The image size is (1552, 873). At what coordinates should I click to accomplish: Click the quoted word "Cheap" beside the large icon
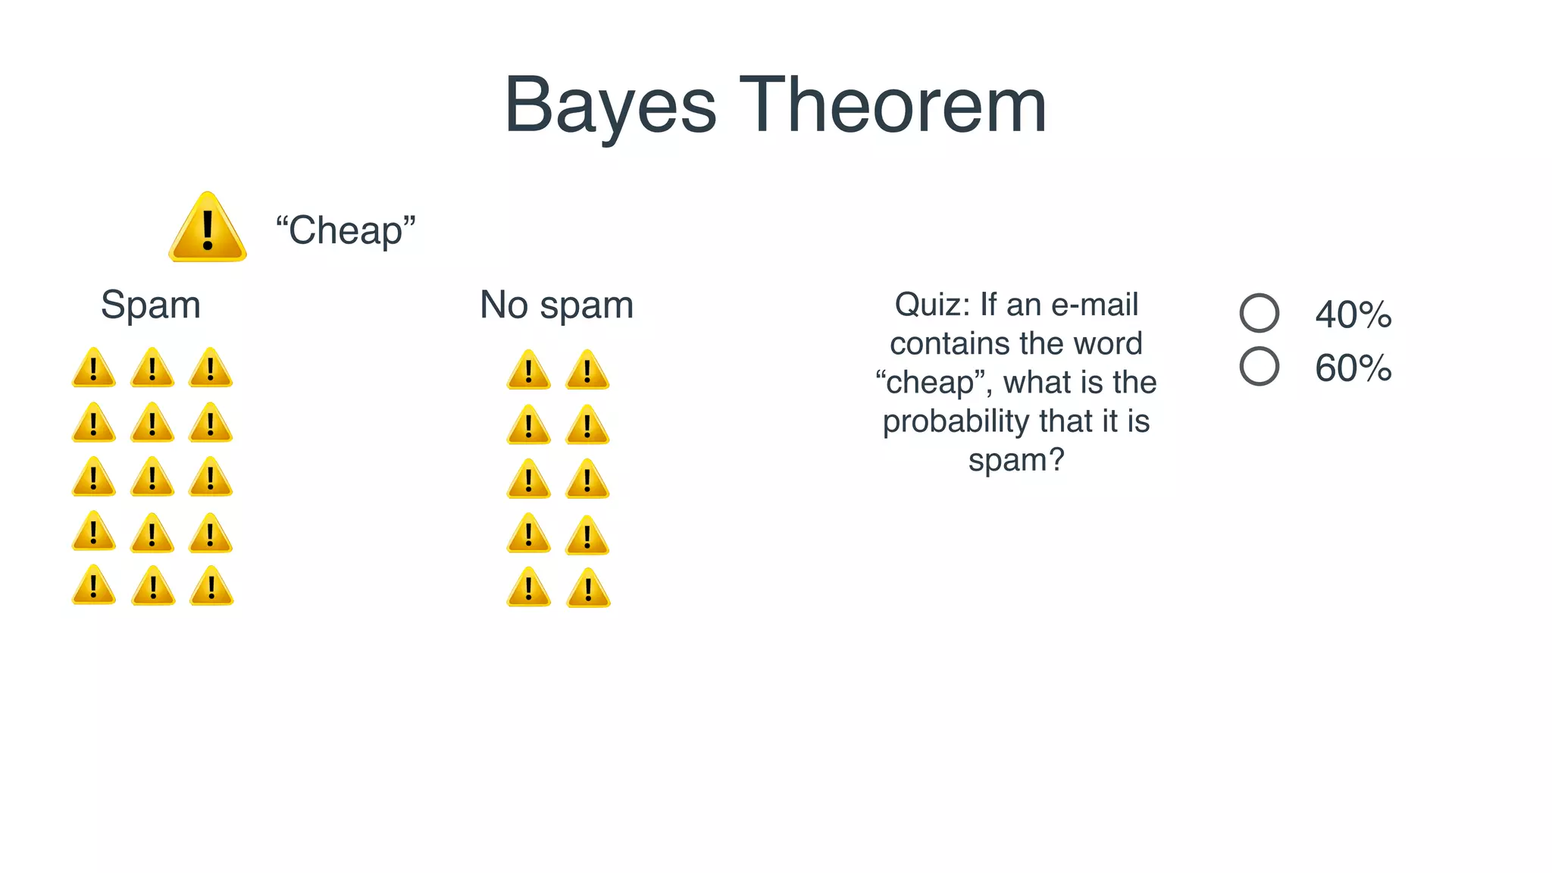click(x=346, y=230)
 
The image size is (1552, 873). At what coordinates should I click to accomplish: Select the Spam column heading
click(x=151, y=305)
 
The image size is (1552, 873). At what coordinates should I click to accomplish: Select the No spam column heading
click(x=556, y=305)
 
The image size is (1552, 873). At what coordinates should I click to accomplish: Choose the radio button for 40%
click(x=1259, y=313)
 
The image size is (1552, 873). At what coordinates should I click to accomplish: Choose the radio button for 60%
click(x=1259, y=367)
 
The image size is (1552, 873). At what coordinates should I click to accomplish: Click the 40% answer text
click(x=1353, y=314)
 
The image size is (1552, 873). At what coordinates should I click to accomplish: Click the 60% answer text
click(x=1353, y=368)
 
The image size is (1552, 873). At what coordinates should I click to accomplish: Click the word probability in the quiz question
click(x=956, y=422)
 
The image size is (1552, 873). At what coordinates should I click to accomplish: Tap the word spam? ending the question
click(x=1016, y=460)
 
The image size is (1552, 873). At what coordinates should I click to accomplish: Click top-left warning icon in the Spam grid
click(x=94, y=369)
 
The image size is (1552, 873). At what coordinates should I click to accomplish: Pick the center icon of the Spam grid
click(x=152, y=478)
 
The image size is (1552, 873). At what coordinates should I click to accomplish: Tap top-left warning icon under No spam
click(x=528, y=371)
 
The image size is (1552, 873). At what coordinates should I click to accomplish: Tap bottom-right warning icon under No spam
click(x=588, y=590)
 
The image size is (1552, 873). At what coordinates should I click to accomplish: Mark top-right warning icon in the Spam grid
click(x=211, y=369)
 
